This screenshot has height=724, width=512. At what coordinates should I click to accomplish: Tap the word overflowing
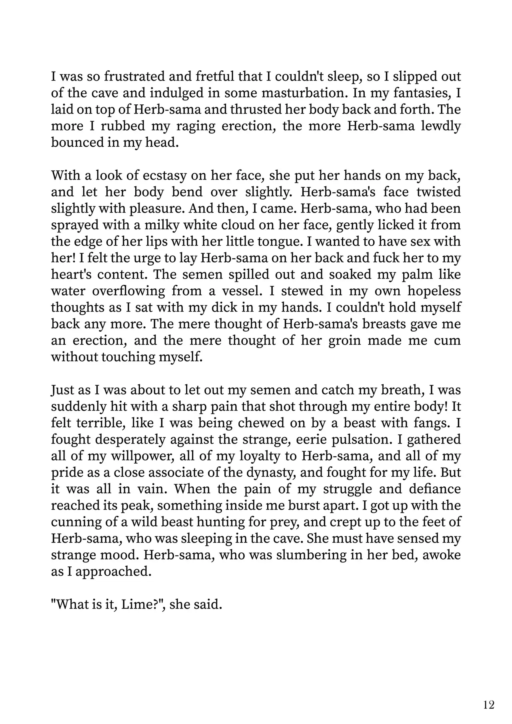[x=128, y=291]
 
